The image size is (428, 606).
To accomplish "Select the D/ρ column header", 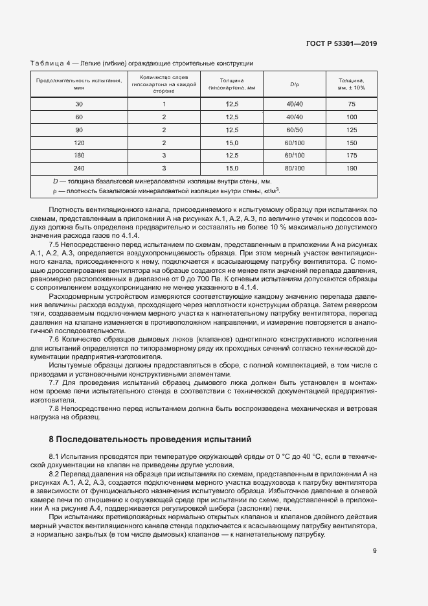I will [295, 84].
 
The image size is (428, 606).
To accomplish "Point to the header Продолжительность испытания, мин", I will [79, 84].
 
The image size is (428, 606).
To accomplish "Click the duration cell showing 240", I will [79, 168].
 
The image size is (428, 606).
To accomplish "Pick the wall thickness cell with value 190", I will [352, 168].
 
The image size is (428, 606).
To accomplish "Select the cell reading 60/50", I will [295, 130].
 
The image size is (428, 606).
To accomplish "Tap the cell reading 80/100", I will [295, 168].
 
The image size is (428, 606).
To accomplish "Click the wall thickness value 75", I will [352, 104].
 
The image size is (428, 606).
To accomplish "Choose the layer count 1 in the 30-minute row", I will [164, 104].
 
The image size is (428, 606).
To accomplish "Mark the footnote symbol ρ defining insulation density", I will [55, 191].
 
